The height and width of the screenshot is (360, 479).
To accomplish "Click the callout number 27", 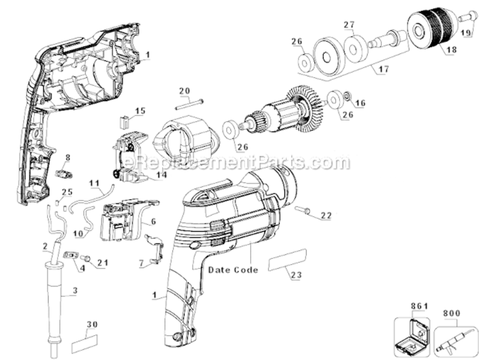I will coord(348,24).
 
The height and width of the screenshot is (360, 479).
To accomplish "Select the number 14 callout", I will coord(161,175).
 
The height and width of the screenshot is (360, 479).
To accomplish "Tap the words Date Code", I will coord(233,270).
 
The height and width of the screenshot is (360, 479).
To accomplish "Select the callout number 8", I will coord(68,157).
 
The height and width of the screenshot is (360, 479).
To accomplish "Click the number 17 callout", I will coord(383,70).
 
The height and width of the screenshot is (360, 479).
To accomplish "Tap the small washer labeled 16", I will coord(346,98).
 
